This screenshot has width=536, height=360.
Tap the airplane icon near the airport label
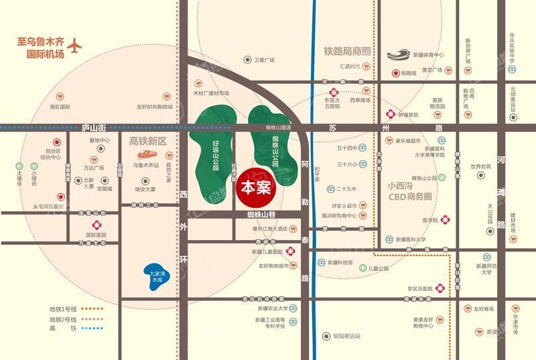(x=74, y=46)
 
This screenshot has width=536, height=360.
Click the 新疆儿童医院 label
(x=267, y=251)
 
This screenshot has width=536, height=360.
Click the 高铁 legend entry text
(x=60, y=329)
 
